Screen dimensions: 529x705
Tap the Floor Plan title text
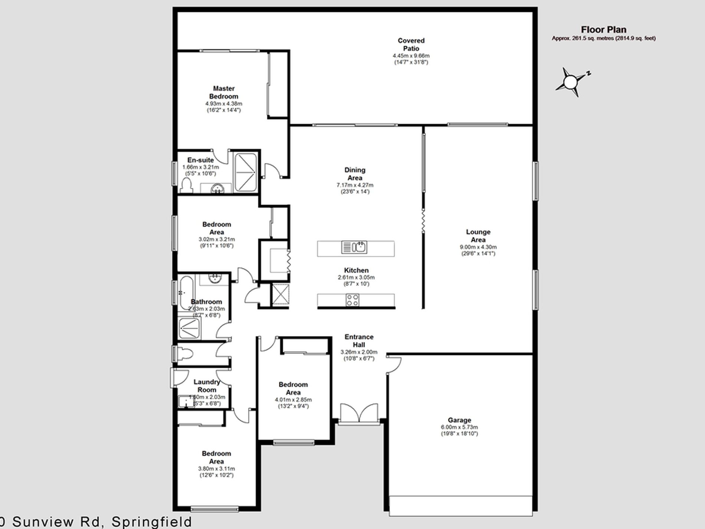point(603,30)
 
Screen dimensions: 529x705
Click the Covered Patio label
point(411,45)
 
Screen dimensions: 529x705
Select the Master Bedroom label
point(223,92)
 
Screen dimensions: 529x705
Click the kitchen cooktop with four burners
point(352,300)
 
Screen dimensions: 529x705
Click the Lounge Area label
point(478,236)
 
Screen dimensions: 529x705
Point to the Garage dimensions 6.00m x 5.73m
point(459,427)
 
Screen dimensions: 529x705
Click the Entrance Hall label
point(359,341)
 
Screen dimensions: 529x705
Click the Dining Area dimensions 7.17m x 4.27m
point(355,185)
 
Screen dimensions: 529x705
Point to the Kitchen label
point(356,270)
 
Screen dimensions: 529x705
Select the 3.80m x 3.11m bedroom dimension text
point(216,468)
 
